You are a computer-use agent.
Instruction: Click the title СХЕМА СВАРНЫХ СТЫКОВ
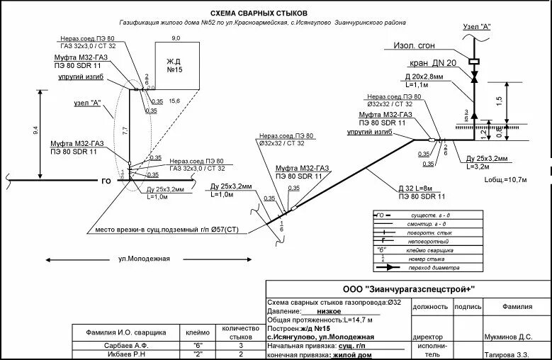tap(259, 13)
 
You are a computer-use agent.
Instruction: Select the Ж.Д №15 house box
tap(175, 66)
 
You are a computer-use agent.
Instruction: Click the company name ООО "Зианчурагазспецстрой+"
tap(408, 289)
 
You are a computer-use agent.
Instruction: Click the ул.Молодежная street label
tap(144, 258)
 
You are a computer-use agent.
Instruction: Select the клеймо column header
tap(198, 332)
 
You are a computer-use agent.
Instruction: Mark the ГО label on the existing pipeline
tap(106, 181)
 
